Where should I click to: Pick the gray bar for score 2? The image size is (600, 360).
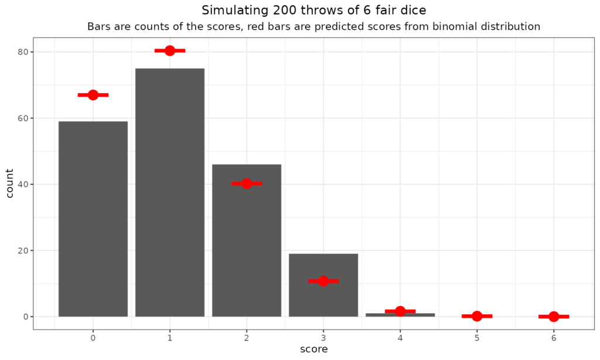(247, 246)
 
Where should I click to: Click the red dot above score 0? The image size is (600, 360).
(93, 95)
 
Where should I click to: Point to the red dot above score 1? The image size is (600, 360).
(170, 50)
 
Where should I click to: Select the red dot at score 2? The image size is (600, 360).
(247, 184)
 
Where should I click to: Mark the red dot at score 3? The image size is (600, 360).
(323, 281)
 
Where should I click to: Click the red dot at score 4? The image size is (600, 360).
(400, 311)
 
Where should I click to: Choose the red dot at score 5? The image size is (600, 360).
(477, 316)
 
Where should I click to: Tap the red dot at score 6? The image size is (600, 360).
(554, 317)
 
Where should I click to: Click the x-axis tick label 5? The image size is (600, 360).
(477, 338)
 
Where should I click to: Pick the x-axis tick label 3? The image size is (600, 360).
(323, 338)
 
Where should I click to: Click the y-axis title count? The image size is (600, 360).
(10, 184)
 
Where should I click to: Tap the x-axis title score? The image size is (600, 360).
(313, 349)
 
